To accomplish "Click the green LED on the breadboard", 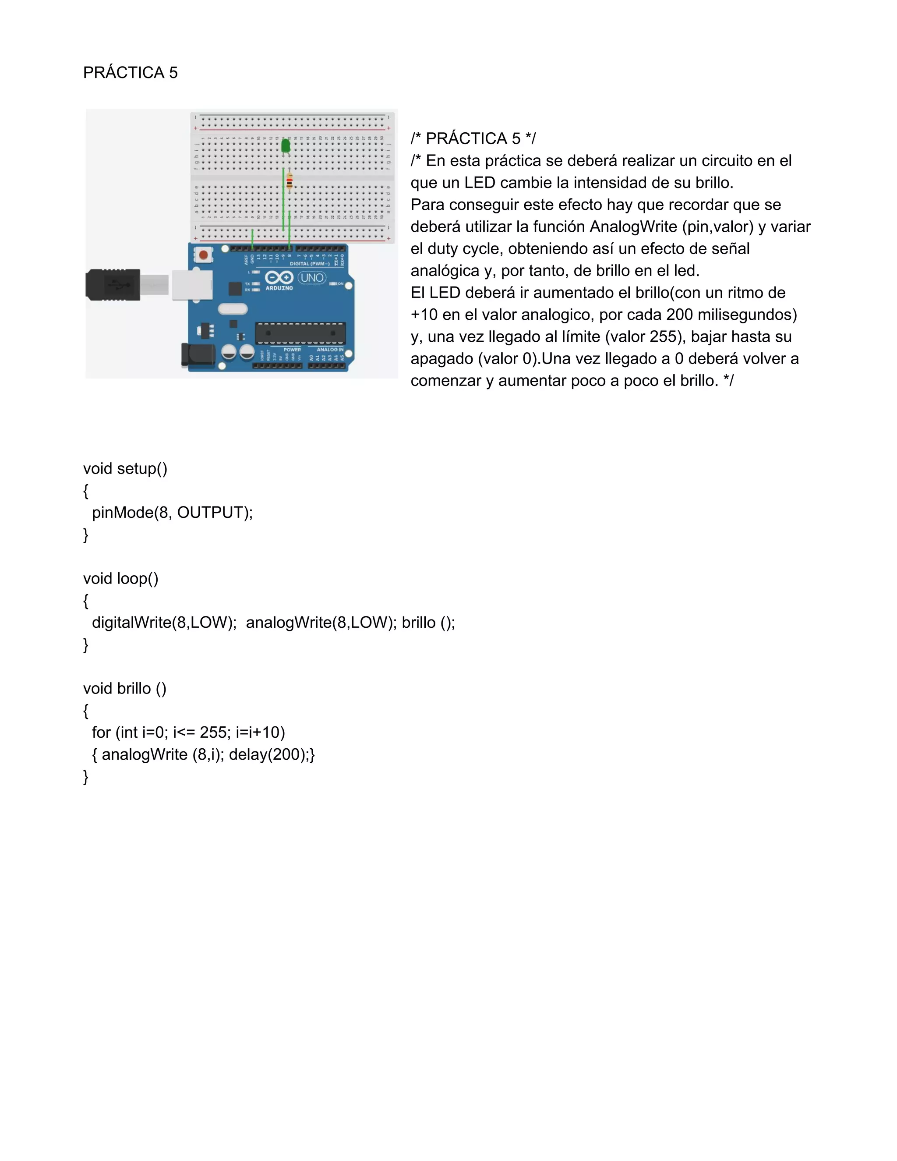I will pyautogui.click(x=286, y=145).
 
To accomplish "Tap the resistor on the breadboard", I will pyautogui.click(x=289, y=182).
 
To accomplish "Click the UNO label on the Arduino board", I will pyautogui.click(x=311, y=277).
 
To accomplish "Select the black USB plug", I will pyautogui.click(x=113, y=285).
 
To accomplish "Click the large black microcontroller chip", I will pyautogui.click(x=300, y=333).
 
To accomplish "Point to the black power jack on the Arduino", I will pyautogui.click(x=197, y=354).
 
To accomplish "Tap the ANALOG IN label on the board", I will pyautogui.click(x=330, y=350).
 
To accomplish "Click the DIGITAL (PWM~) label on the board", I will pyautogui.click(x=309, y=264).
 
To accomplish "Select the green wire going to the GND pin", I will pyautogui.click(x=252, y=239).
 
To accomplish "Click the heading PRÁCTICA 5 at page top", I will pyautogui.click(x=130, y=73).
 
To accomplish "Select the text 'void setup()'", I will pyautogui.click(x=125, y=469).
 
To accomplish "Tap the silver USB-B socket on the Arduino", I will pyautogui.click(x=192, y=284).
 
